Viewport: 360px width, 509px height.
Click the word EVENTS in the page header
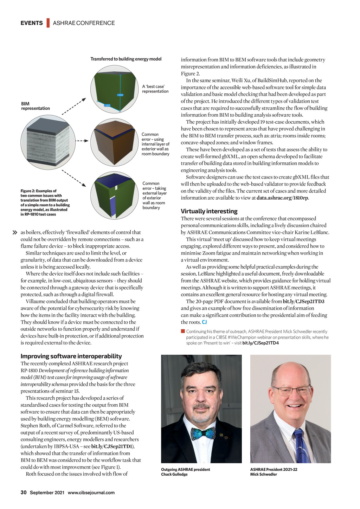pos(32,23)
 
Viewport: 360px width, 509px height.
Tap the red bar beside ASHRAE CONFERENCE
pos(48,23)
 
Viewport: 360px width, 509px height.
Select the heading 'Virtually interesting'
pos(209,211)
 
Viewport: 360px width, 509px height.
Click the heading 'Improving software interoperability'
pos(71,356)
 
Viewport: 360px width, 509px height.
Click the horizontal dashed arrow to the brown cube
pos(82,141)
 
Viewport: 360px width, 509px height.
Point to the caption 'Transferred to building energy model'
pos(126,59)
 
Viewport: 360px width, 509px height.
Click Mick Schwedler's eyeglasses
pos(291,390)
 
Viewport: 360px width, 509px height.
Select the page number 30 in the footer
pos(24,492)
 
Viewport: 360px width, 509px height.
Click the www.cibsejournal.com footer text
pos(91,492)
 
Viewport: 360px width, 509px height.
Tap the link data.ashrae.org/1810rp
pos(282,198)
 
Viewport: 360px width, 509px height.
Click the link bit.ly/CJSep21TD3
pos(303,302)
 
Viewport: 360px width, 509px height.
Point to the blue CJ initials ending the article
pos(204,322)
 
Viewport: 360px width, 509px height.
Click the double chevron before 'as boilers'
pos(15,232)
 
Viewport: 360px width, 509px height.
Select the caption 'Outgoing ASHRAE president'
pos(185,470)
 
